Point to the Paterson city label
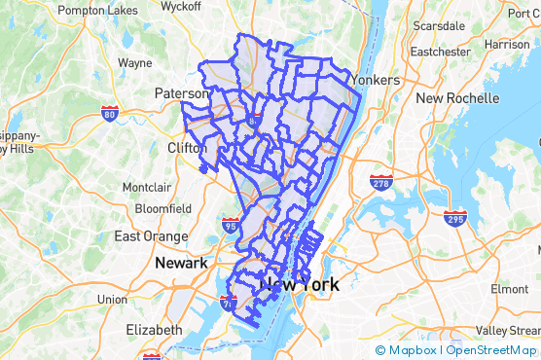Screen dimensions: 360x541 (182, 93)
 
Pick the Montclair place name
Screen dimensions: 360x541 (147, 187)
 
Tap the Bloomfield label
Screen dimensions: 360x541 (163, 208)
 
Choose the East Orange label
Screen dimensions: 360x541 (151, 236)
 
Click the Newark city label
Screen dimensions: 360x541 (180, 264)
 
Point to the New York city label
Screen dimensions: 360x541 (302, 285)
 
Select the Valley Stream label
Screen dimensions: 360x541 (507, 330)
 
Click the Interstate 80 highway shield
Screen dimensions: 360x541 (110, 114)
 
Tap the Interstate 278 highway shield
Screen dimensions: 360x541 (380, 182)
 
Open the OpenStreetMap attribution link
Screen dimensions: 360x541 (491, 350)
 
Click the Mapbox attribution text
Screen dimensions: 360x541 (413, 350)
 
